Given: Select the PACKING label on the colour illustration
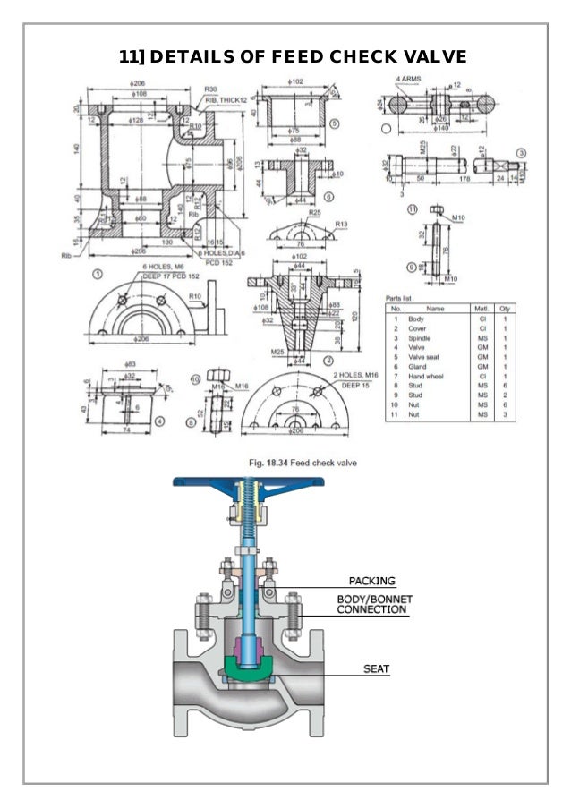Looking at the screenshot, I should (x=371, y=581).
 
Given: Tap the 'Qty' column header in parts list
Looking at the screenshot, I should (x=507, y=308).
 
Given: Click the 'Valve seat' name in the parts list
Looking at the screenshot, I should (x=424, y=358).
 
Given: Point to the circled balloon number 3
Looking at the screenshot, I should (x=521, y=153).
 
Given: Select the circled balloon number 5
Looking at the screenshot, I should (x=334, y=123).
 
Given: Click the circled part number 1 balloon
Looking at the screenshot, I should (x=97, y=275).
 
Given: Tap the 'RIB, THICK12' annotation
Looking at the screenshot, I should (x=226, y=100).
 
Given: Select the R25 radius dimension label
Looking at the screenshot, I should (x=314, y=213).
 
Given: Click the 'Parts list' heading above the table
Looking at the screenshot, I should (x=398, y=297).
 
